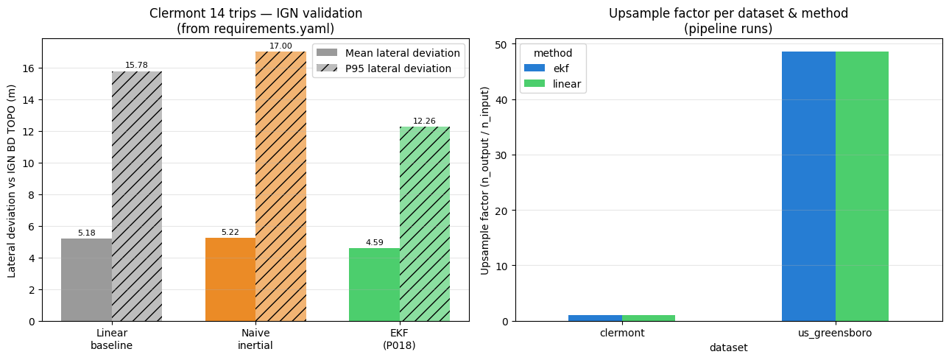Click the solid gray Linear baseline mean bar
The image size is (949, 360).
(x=86, y=280)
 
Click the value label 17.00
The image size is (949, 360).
(x=281, y=46)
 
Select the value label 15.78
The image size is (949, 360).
(x=136, y=65)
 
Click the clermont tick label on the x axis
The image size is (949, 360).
(x=622, y=333)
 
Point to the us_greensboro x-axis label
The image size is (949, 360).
(x=836, y=333)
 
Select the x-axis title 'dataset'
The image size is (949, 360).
(x=729, y=347)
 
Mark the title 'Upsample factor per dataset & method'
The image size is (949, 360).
(x=729, y=13)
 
